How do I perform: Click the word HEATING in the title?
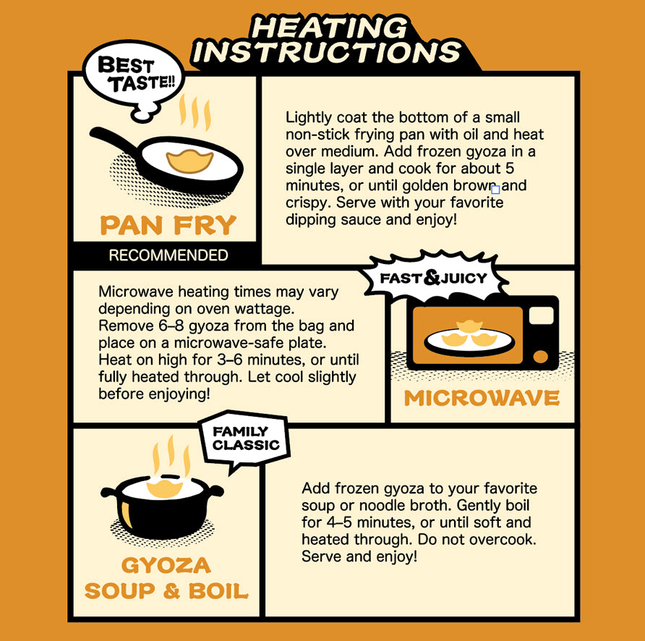tap(329, 28)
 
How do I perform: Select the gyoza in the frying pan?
tap(189, 161)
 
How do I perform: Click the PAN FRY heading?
tap(168, 225)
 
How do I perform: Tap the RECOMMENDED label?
tap(168, 255)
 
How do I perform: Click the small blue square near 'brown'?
tap(495, 190)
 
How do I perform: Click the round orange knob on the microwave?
tap(541, 357)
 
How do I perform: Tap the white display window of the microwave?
tap(542, 316)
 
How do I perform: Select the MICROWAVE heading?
tap(482, 398)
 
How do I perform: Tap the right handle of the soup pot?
tap(215, 491)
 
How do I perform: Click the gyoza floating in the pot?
tap(165, 488)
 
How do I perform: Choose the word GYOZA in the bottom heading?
tap(166, 566)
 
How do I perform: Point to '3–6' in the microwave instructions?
tap(230, 360)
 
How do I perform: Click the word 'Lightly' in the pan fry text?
tap(309, 118)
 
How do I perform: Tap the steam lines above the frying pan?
tap(195, 112)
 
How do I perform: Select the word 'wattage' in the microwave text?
tap(270, 309)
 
